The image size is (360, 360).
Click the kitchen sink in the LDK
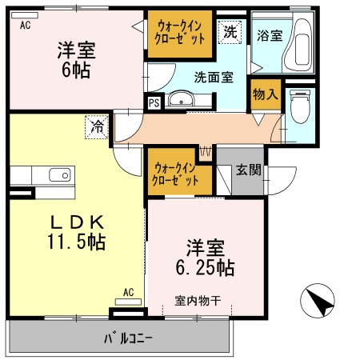click(x=59, y=175)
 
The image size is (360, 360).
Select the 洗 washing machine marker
click(x=230, y=33)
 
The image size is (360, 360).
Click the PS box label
click(x=153, y=102)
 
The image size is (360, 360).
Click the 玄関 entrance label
click(x=246, y=170)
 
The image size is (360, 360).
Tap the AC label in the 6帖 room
click(x=25, y=26)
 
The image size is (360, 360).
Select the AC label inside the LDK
click(x=128, y=293)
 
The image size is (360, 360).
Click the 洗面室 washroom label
click(x=214, y=78)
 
